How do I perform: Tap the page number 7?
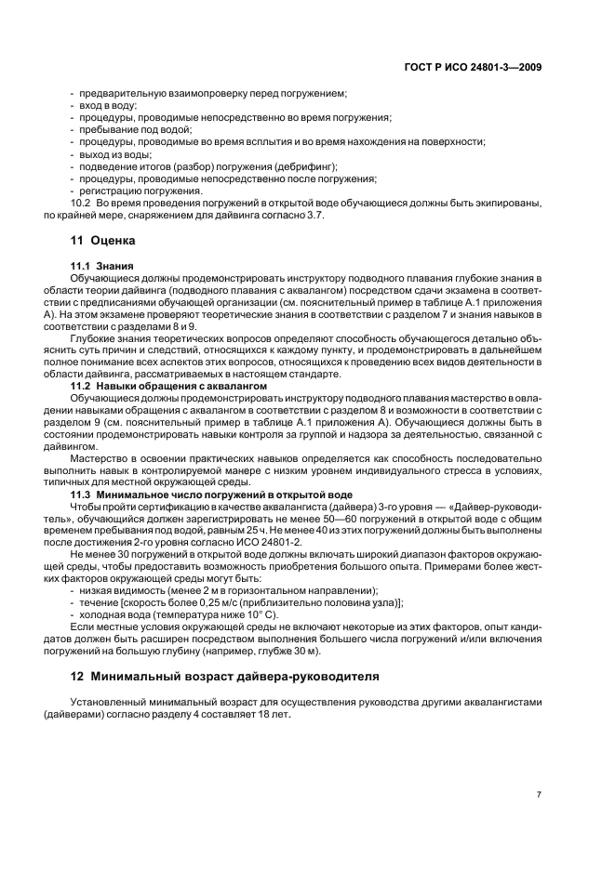[x=539, y=794]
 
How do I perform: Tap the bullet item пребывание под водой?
[x=129, y=130]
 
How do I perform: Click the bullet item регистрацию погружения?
[x=140, y=190]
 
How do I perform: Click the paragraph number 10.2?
[x=80, y=202]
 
